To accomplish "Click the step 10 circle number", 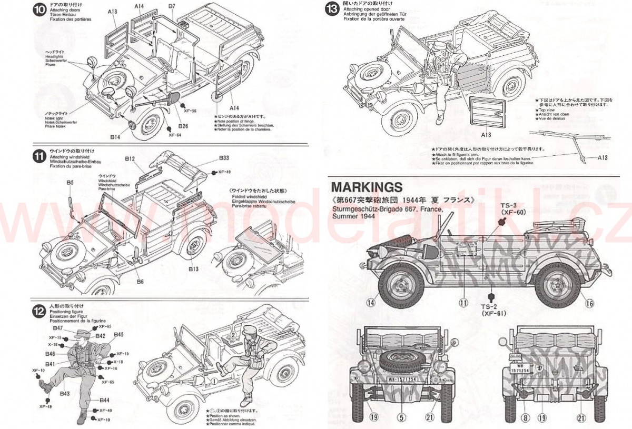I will [x=39, y=10].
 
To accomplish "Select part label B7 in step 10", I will [x=172, y=6].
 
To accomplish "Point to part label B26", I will [x=183, y=126].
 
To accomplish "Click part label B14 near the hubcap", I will [x=115, y=137].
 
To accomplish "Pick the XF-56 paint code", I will [x=190, y=111].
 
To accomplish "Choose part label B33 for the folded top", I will [x=224, y=157].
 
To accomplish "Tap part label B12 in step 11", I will [x=130, y=158].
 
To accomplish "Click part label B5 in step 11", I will [x=70, y=182].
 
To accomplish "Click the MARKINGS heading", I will [x=367, y=187].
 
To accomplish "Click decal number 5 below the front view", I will [x=402, y=418].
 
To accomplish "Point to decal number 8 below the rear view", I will [x=525, y=418].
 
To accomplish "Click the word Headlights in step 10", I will [x=55, y=56].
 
